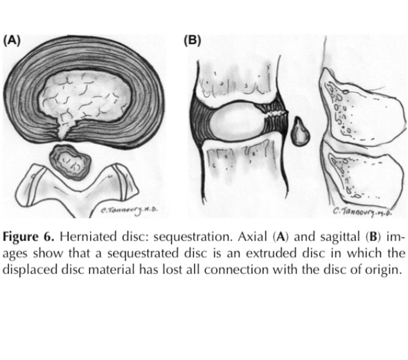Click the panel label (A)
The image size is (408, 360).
coord(12,41)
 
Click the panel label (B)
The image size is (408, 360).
coord(193,41)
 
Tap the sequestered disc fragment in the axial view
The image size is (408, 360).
coord(71,162)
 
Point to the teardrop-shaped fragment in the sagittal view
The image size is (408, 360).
coord(301,132)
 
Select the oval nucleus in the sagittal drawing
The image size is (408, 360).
coord(237,120)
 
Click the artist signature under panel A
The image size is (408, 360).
coord(130,210)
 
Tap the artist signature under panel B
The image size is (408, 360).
coord(362,211)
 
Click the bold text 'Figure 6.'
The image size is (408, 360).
coord(28,237)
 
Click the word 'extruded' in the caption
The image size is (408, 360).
coord(271,253)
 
